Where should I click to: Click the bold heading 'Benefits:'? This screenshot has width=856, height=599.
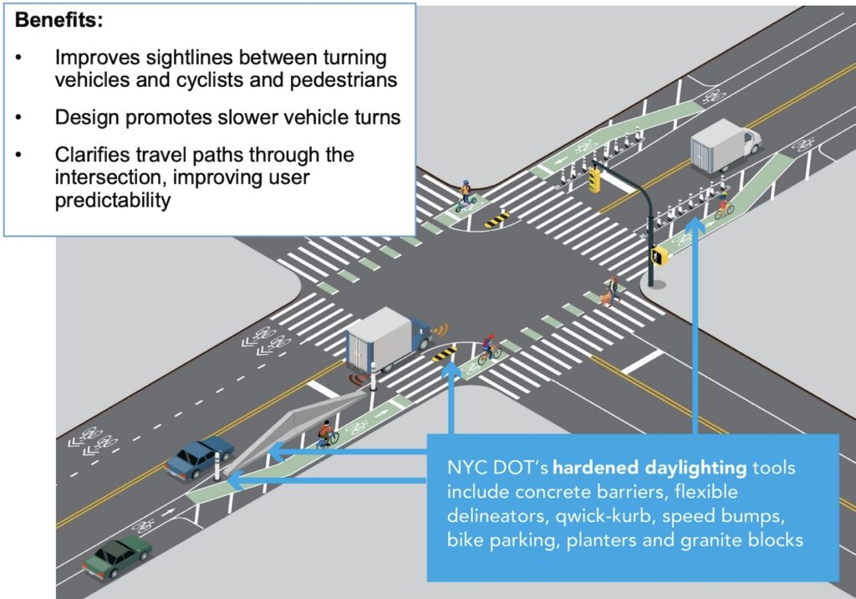[x=58, y=21]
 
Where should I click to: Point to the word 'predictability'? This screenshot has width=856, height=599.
[x=111, y=202]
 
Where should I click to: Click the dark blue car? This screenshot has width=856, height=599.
[x=199, y=458]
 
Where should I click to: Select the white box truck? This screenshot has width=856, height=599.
[x=723, y=146]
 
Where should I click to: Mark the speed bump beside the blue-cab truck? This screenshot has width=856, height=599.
[x=444, y=353]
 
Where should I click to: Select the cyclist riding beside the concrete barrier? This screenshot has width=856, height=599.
[x=327, y=433]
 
